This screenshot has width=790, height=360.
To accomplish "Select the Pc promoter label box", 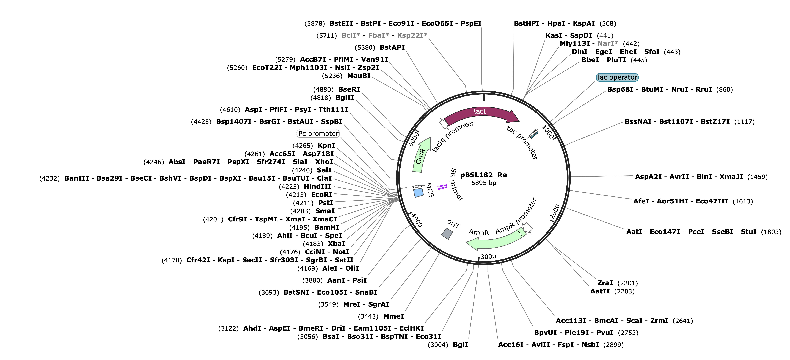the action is point(318,134).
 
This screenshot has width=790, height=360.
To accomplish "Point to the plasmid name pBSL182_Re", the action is point(484,175).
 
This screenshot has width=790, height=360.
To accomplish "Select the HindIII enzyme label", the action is point(317,186).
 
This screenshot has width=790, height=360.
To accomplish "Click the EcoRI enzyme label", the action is point(322,195).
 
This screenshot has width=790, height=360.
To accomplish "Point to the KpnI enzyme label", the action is point(326,146).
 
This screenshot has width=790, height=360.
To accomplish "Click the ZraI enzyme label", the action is point(605,283).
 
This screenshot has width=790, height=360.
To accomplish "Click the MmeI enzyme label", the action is point(393,316).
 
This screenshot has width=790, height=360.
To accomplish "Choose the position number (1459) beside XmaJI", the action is point(758,177).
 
